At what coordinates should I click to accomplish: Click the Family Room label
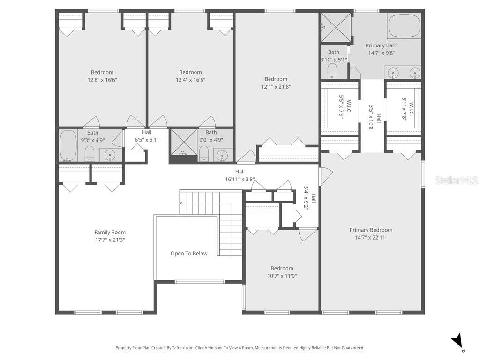click(x=110, y=232)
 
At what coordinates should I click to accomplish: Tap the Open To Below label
click(x=189, y=254)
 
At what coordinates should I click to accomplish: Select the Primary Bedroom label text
click(x=371, y=230)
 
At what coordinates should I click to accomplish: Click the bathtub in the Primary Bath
click(x=404, y=26)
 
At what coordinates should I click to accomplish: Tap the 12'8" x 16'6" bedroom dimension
click(x=102, y=80)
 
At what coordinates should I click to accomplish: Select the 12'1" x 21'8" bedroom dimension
click(x=276, y=86)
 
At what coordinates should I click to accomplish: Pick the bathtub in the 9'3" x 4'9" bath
click(x=68, y=145)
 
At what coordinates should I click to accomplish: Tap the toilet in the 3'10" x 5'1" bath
click(x=332, y=71)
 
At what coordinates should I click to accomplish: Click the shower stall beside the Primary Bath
click(x=336, y=28)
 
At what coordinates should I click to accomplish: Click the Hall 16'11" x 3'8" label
click(x=240, y=175)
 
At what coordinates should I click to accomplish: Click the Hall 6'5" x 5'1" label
click(x=147, y=136)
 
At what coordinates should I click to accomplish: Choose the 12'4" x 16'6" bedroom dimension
click(x=190, y=80)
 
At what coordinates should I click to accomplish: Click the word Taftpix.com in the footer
click(x=183, y=348)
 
